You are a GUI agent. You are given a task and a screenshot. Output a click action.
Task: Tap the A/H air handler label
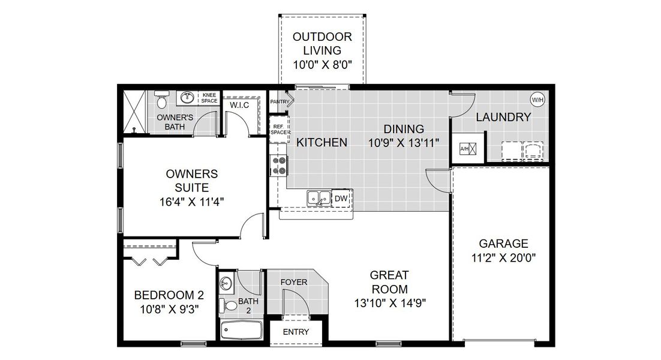tap(464, 148)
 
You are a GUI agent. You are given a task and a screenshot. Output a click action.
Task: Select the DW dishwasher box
tap(341, 198)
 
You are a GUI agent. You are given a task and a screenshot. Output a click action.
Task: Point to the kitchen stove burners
tap(279, 165)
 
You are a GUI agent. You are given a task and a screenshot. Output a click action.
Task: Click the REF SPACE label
tap(278, 130)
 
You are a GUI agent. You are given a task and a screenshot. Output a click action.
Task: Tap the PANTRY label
tap(279, 102)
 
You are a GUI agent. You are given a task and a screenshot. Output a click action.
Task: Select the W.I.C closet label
tap(239, 105)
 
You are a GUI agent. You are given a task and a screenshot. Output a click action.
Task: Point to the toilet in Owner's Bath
tap(160, 97)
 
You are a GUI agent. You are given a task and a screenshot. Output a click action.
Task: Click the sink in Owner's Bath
tap(187, 97)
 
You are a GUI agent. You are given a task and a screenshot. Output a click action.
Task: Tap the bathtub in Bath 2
tap(241, 330)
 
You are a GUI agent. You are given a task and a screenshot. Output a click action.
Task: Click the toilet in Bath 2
tap(228, 305)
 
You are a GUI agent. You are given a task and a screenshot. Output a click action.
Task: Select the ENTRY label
tap(295, 332)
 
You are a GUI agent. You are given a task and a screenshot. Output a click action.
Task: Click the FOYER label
tap(294, 281)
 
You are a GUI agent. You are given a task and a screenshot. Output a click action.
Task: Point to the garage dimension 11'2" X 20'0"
tap(503, 258)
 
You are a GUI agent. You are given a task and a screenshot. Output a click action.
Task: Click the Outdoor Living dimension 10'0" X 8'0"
tap(322, 65)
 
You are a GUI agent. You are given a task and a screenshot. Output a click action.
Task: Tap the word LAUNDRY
tap(503, 117)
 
